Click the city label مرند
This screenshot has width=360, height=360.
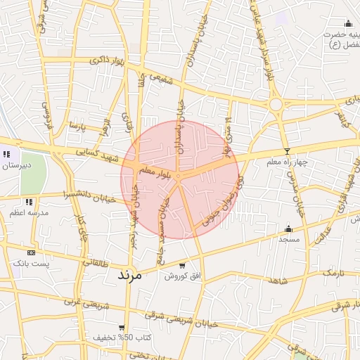[127, 274]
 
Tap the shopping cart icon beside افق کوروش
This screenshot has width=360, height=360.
[183, 266]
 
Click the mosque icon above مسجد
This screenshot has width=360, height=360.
[288, 229]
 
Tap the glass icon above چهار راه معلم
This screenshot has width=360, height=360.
[286, 152]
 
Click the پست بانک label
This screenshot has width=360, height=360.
[30, 262]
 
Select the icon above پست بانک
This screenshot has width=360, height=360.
[30, 252]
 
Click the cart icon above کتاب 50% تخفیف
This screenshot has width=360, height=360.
[122, 328]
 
